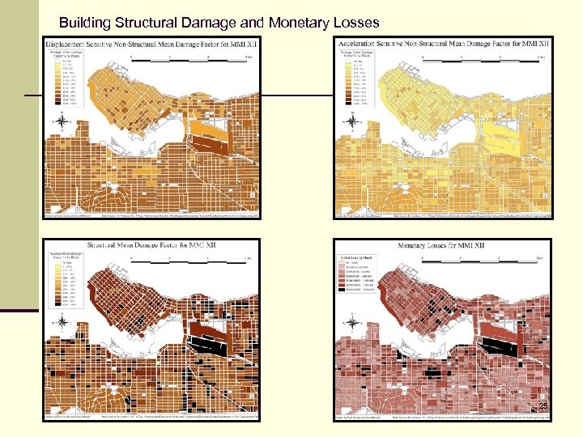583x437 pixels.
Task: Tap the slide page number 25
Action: tap(543, 405)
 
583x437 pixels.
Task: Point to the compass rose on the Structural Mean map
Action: tap(62, 322)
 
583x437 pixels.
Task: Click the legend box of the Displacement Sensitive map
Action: tap(62, 79)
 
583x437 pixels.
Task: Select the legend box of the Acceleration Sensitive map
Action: tap(353, 79)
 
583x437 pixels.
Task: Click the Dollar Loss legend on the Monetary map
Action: tap(360, 275)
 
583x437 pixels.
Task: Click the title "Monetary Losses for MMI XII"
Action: tap(442, 245)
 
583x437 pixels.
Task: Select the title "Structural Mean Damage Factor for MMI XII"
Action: tap(151, 245)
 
